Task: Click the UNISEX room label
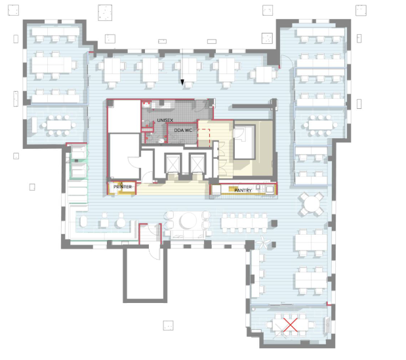click(x=165, y=121)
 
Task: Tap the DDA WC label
click(x=183, y=130)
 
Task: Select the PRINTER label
click(x=123, y=187)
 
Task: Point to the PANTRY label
click(x=243, y=190)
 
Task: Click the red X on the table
click(x=291, y=325)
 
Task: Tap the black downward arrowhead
click(x=182, y=83)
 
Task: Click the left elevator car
click(x=173, y=163)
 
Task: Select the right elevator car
click(x=197, y=163)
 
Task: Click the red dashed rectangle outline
click(x=204, y=138)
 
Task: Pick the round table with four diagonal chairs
click(x=312, y=204)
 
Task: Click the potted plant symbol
click(x=262, y=243)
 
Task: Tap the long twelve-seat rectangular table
click(x=245, y=222)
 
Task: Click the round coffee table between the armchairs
click(x=188, y=221)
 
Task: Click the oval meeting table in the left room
click(x=59, y=125)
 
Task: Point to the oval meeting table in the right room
click(x=321, y=125)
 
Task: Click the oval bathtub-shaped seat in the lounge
click(x=83, y=222)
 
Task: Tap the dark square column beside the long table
click(x=274, y=223)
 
